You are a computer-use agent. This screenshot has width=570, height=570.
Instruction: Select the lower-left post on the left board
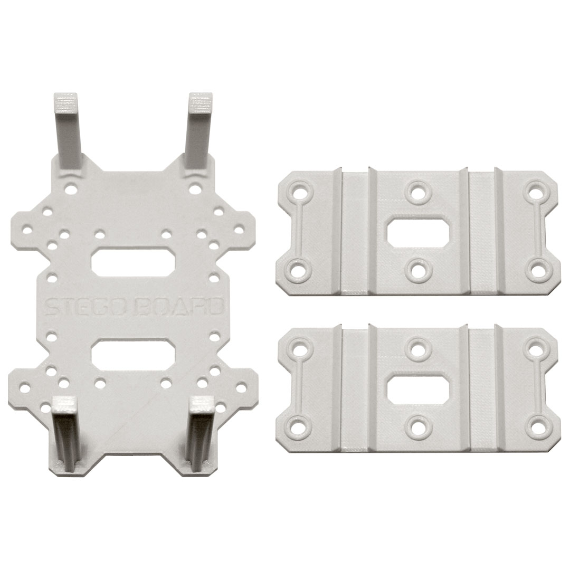pos(65,435)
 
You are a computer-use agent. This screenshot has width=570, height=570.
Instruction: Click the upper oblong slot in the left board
pos(134,262)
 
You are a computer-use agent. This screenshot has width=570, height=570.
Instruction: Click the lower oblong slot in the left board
pos(134,352)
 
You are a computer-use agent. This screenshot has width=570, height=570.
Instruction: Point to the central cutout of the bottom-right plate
pos(418,392)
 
